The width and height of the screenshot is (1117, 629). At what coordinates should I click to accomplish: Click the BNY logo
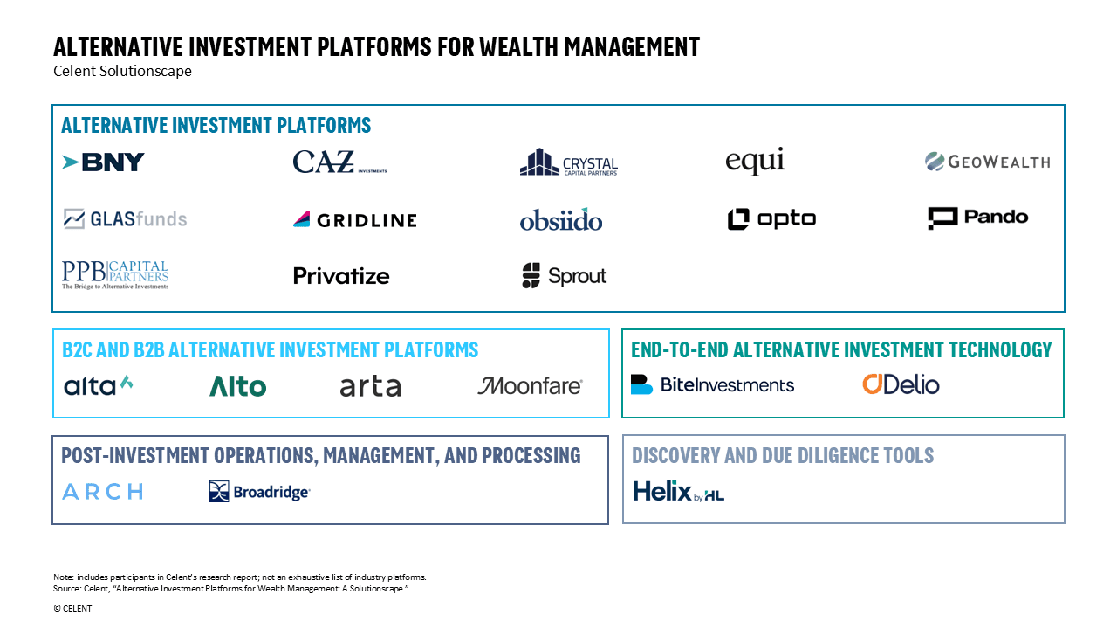click(x=103, y=162)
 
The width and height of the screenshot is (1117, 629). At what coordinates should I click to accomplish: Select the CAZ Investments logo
click(x=339, y=162)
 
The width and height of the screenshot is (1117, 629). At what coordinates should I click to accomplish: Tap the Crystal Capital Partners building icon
click(x=539, y=162)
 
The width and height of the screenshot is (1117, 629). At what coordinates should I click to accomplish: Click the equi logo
click(x=755, y=161)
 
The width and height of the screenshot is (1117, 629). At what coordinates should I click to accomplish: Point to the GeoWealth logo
click(x=987, y=162)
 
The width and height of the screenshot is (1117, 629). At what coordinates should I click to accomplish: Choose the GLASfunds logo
click(x=125, y=219)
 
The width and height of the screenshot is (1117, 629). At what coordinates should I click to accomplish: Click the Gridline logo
click(x=355, y=219)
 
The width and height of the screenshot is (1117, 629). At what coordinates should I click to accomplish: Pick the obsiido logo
click(x=561, y=219)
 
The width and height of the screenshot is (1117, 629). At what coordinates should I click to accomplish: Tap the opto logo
click(x=771, y=219)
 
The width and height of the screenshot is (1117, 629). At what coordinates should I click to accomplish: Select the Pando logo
click(x=978, y=218)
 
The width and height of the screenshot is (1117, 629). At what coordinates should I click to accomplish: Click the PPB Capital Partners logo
click(x=115, y=275)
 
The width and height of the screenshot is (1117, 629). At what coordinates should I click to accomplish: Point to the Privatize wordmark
click(x=341, y=276)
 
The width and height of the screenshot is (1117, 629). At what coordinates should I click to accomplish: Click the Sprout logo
click(x=564, y=275)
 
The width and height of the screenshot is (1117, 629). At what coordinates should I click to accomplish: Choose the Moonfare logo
click(x=530, y=386)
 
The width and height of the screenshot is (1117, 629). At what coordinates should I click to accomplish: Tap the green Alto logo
click(x=238, y=386)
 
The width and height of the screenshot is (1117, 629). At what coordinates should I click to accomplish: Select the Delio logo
click(x=901, y=384)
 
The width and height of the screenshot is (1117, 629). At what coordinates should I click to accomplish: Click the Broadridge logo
click(x=260, y=492)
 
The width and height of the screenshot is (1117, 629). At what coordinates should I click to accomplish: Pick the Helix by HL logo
click(x=678, y=491)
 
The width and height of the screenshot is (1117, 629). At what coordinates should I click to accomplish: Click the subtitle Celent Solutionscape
click(x=123, y=71)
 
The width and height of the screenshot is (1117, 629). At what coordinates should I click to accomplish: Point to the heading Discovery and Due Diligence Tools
click(x=783, y=455)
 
